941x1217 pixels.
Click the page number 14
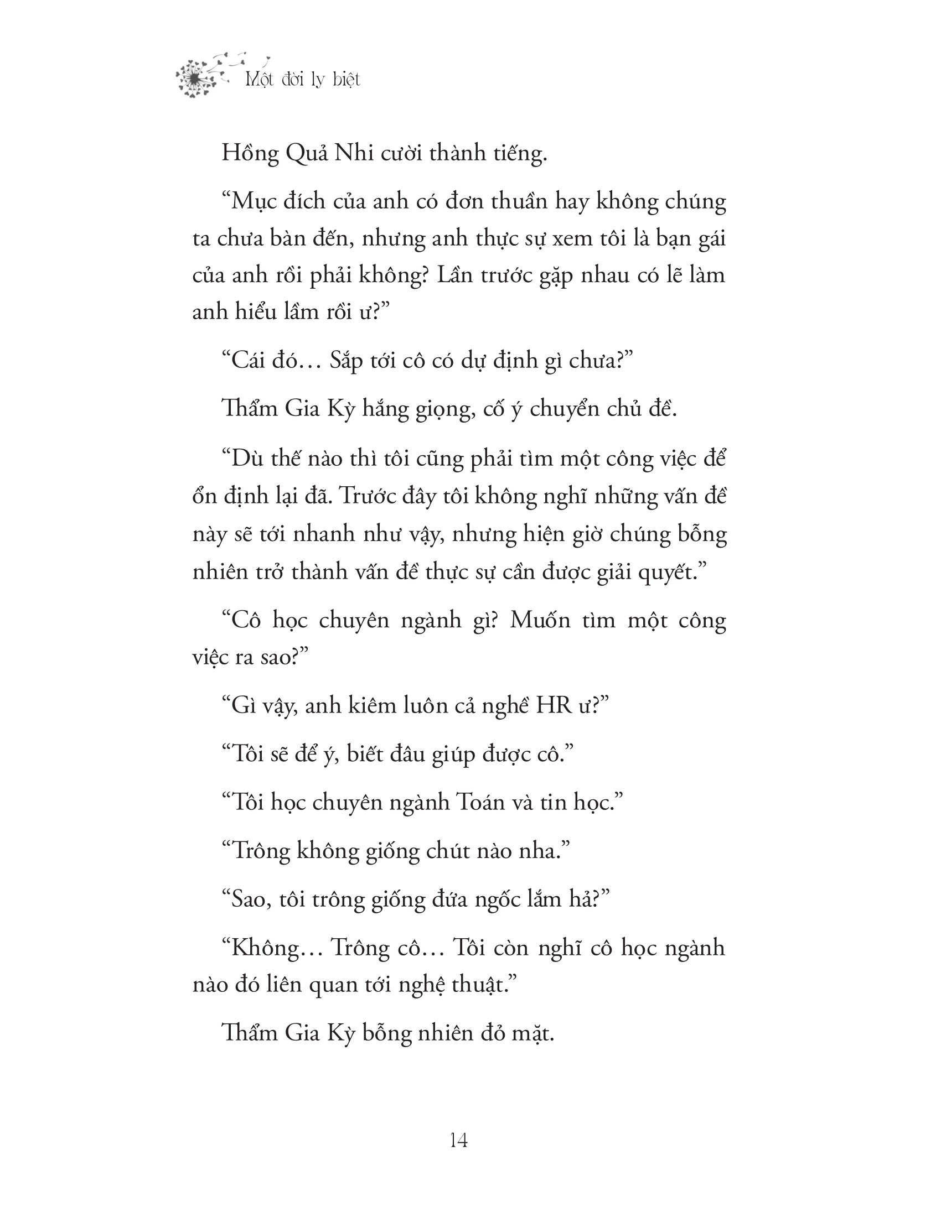pos(458,1141)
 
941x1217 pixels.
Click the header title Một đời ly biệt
pos(303,80)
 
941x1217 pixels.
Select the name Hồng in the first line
pos(250,153)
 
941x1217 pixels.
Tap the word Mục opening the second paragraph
pos(254,201)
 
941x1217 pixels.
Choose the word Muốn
pos(540,620)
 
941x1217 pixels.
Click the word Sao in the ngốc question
pos(246,899)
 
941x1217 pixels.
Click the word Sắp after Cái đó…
pos(347,361)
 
